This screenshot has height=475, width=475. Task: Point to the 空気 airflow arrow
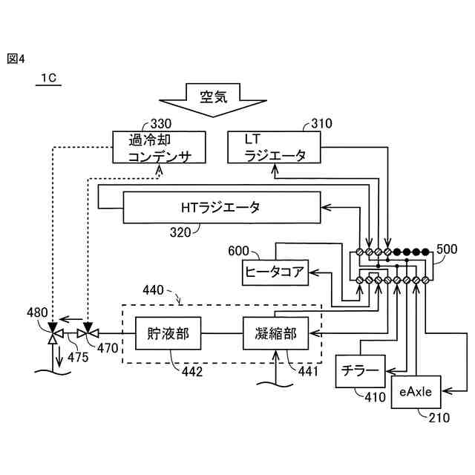(213, 100)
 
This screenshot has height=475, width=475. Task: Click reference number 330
(161, 124)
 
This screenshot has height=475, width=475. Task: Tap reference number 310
(321, 124)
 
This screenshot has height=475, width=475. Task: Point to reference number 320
(180, 232)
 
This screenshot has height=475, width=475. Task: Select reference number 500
(447, 249)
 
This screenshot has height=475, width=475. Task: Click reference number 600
(238, 251)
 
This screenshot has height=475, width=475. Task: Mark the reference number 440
(153, 290)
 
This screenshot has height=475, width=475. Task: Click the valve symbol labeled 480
(53, 333)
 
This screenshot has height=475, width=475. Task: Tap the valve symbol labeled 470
(88, 333)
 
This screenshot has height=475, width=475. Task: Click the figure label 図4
(16, 59)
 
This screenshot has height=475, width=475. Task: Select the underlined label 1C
(48, 79)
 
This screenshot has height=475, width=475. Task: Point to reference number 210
(439, 418)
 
